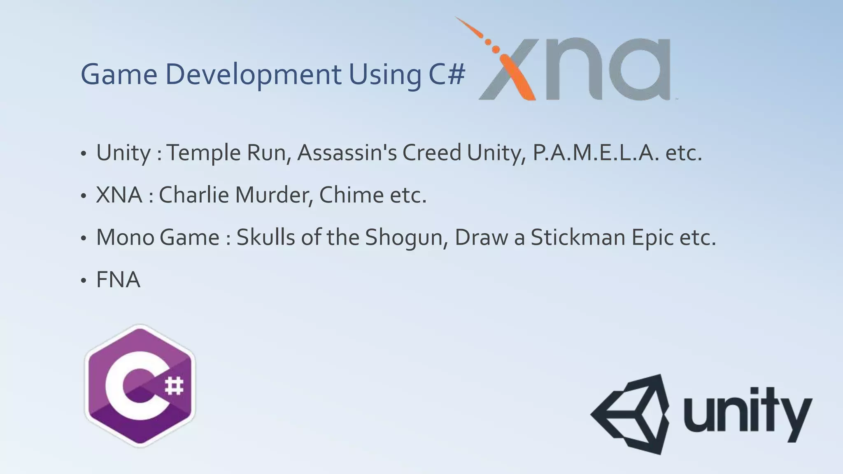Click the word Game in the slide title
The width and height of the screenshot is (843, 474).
point(119,74)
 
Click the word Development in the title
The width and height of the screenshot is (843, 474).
point(253,74)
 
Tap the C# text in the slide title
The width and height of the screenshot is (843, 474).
point(446,74)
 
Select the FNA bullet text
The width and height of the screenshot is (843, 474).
point(118,280)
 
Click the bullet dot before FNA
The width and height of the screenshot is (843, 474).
point(84,281)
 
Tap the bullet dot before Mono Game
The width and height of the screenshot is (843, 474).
point(84,239)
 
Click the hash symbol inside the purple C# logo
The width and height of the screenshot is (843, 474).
point(174,386)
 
